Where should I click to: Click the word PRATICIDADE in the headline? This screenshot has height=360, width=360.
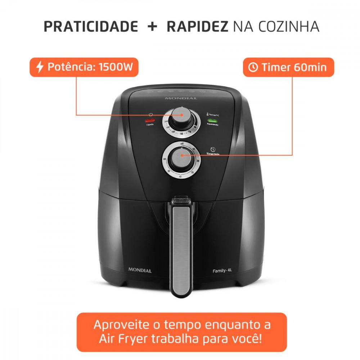[x=91, y=27]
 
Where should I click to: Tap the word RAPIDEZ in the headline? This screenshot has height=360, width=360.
[x=197, y=27]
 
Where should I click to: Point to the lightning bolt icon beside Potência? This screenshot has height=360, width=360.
[x=40, y=67]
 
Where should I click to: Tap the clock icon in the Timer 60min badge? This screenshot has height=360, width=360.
[x=253, y=67]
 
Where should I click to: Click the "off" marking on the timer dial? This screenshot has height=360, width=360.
[x=182, y=143]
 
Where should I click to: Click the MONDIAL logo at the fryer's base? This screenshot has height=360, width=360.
[x=140, y=270]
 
